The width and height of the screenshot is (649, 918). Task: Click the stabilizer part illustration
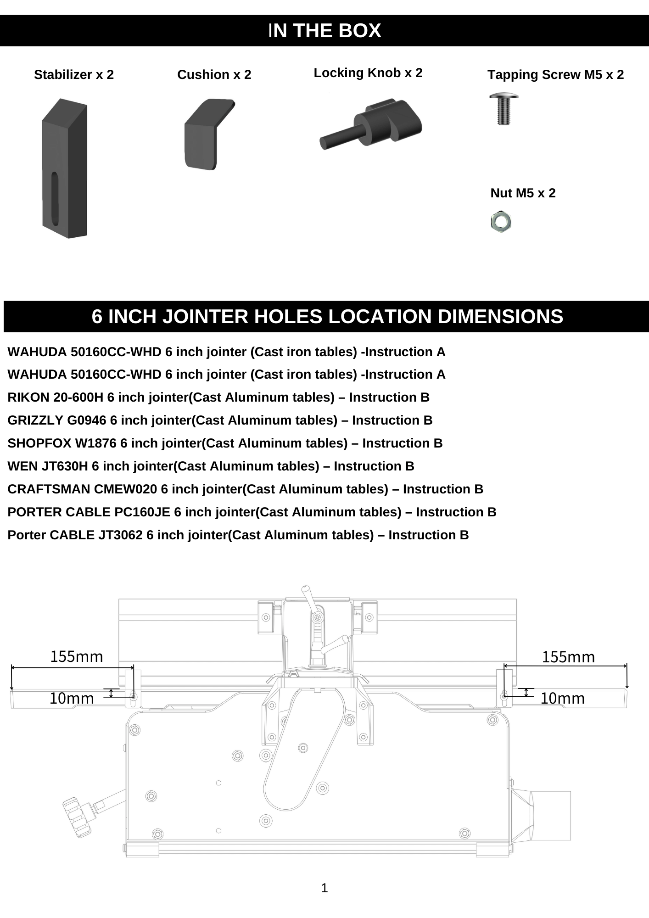click(65, 168)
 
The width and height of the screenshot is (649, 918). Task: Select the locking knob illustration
click(372, 123)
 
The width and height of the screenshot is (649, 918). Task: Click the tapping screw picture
click(504, 109)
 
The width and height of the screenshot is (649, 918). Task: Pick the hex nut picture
click(501, 222)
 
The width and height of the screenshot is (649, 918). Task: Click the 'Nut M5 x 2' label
click(523, 193)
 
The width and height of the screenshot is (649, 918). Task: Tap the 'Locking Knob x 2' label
click(368, 73)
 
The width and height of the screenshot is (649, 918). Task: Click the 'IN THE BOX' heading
click(324, 31)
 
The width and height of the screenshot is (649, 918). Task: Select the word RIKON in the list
click(28, 397)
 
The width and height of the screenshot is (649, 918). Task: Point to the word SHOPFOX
click(39, 443)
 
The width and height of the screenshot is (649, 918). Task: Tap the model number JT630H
click(64, 466)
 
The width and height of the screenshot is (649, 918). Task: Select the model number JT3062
click(120, 535)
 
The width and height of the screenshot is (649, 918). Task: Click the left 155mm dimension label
click(77, 657)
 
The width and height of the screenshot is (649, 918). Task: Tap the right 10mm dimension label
click(562, 699)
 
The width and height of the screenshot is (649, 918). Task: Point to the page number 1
click(324, 888)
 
